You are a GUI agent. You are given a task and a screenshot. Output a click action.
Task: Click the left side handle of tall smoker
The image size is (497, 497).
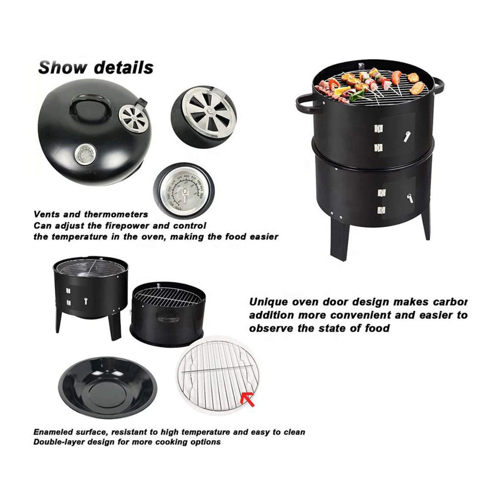click(307, 104)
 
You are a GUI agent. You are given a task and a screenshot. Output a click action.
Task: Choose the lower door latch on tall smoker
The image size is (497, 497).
click(409, 198)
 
